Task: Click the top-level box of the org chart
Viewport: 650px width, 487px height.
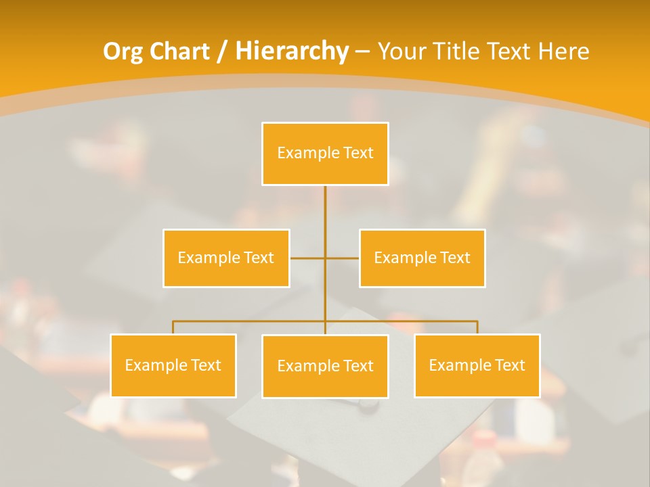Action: [325, 154]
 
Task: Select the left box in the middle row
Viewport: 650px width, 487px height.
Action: [226, 258]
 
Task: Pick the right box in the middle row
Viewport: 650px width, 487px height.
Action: [422, 258]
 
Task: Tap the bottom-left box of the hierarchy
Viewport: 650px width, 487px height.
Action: [173, 365]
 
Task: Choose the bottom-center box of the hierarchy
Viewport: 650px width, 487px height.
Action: [325, 366]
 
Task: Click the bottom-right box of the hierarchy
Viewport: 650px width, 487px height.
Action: [477, 365]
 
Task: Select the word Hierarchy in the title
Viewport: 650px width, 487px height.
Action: [292, 51]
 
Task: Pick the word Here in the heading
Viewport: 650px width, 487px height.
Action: [563, 51]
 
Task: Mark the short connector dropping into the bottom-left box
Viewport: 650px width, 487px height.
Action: [173, 327]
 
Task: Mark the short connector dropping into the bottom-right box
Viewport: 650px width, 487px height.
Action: [477, 327]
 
